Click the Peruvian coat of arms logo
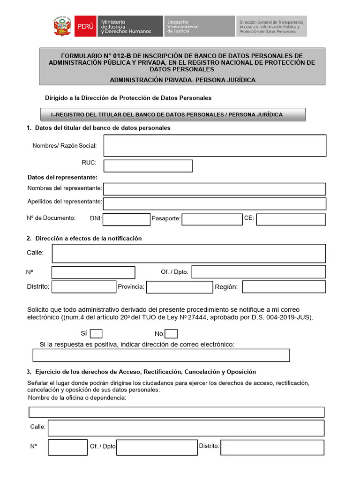pyautogui.click(x=62, y=26)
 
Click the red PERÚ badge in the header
pyautogui.click(x=85, y=26)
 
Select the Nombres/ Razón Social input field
pyautogui.click(x=215, y=145)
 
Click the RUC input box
pyautogui.click(x=148, y=166)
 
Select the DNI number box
pyautogui.click(x=127, y=219)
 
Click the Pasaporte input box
pyautogui.click(x=212, y=219)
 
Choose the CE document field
pyautogui.click(x=291, y=219)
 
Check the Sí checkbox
pyautogui.click(x=96, y=334)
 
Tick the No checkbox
pyautogui.click(x=172, y=334)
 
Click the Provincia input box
pyautogui.click(x=180, y=287)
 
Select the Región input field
pyautogui.click(x=284, y=287)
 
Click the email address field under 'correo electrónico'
pyautogui.click(x=161, y=355)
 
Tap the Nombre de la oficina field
pyautogui.click(x=177, y=412)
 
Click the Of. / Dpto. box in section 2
pyautogui.click(x=259, y=272)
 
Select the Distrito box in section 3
pyautogui.click(x=272, y=447)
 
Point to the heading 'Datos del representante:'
pyautogui.click(x=62, y=177)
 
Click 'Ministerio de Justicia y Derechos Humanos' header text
pyautogui.click(x=126, y=26)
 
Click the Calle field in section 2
pyautogui.click(x=188, y=253)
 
